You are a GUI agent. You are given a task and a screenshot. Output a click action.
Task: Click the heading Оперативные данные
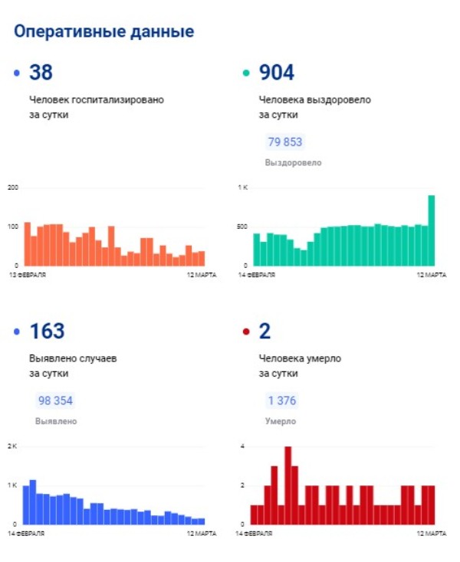(x=104, y=32)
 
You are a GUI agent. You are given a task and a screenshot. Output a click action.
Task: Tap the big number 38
(x=41, y=72)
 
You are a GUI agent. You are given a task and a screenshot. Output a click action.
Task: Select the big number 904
(x=277, y=72)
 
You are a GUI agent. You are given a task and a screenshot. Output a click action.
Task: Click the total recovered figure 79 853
(x=285, y=142)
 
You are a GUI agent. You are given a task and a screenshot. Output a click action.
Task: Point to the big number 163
(x=47, y=331)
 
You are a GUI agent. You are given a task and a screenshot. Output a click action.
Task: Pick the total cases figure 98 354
(x=55, y=400)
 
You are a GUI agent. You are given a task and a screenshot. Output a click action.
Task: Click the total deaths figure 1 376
(x=282, y=400)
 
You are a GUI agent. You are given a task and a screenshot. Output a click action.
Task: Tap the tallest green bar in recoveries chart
(x=432, y=230)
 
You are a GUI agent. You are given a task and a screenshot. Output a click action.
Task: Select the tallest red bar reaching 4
(x=287, y=485)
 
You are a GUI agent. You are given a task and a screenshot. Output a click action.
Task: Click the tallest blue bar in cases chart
(x=33, y=502)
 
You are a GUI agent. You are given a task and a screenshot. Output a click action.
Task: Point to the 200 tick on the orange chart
(x=13, y=188)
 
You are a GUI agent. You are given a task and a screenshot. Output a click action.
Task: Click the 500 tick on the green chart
(x=242, y=227)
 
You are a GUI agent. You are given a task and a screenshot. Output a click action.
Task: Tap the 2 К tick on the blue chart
(x=12, y=446)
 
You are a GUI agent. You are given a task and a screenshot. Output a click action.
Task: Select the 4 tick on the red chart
(x=242, y=446)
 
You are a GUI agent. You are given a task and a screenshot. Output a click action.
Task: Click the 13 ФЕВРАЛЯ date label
(x=28, y=275)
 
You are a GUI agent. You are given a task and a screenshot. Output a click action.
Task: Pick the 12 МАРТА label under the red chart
(x=432, y=534)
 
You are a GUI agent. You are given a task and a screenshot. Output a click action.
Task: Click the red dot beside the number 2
(x=246, y=332)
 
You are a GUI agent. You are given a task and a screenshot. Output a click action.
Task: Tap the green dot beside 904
(x=246, y=73)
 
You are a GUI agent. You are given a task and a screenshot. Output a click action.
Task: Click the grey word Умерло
(x=281, y=421)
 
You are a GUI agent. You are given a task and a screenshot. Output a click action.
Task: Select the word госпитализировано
(x=118, y=100)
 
